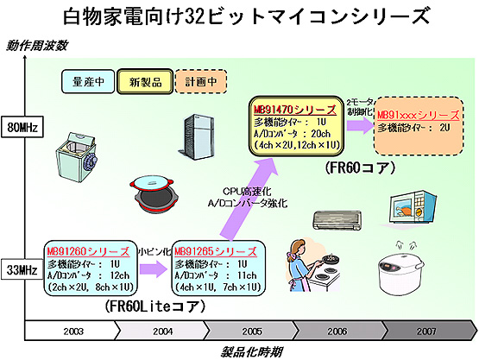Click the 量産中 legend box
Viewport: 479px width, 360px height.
click(87, 81)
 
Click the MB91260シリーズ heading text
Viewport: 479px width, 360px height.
click(81, 249)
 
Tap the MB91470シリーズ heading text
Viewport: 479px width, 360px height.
click(289, 111)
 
